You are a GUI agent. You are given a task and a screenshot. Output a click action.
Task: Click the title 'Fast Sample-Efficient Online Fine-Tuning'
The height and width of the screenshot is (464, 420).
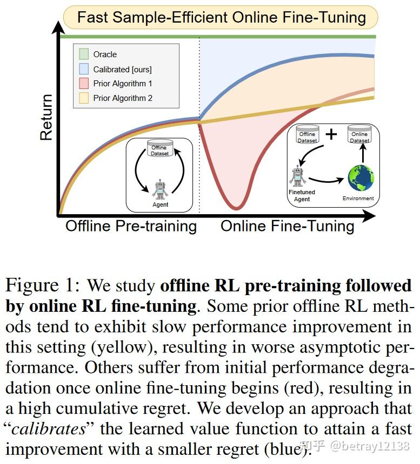pyautogui.click(x=221, y=17)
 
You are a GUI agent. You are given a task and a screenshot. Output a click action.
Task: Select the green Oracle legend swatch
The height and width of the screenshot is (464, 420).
pyautogui.click(x=84, y=54)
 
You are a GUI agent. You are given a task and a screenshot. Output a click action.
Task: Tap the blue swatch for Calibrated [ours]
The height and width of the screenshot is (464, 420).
pyautogui.click(x=84, y=69)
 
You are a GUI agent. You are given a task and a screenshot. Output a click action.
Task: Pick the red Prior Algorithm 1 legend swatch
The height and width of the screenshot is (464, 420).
pyautogui.click(x=84, y=84)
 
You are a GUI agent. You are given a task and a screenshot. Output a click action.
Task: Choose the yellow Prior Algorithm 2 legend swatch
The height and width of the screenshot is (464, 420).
pyautogui.click(x=84, y=98)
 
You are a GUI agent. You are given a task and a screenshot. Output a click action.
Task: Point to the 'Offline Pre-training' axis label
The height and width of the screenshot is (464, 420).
pyautogui.click(x=131, y=226)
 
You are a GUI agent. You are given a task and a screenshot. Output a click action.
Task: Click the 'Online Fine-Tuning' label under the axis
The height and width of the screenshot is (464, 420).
pyautogui.click(x=287, y=226)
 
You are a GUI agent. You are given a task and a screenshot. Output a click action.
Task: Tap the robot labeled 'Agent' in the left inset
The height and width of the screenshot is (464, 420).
pyautogui.click(x=160, y=190)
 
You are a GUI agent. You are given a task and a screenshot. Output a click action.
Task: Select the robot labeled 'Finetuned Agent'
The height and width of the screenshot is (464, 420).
pyautogui.click(x=298, y=176)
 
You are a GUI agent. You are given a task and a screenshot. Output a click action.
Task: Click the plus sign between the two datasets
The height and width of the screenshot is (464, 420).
pyautogui.click(x=331, y=135)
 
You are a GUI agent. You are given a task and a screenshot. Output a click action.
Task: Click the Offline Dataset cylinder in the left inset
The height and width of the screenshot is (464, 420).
pyautogui.click(x=159, y=148)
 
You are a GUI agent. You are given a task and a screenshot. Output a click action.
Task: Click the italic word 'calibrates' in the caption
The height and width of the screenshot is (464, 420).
pyautogui.click(x=49, y=429)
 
